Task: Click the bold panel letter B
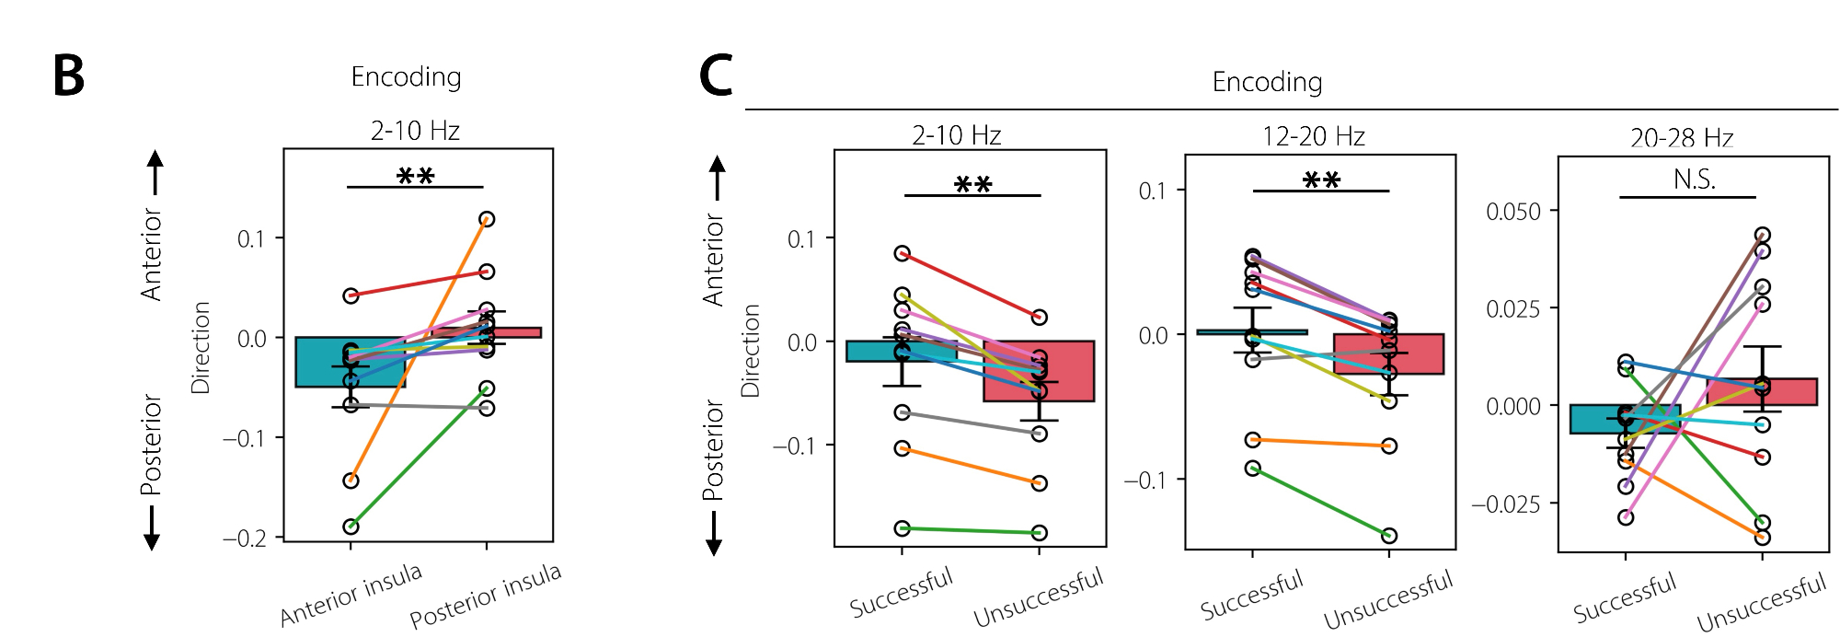(69, 76)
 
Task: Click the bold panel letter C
(716, 75)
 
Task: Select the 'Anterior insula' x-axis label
(351, 595)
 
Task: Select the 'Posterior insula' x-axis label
(485, 596)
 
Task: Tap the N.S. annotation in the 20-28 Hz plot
(1694, 180)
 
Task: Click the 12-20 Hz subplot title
(1313, 137)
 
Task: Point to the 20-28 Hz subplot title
(1682, 139)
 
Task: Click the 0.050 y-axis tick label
(1512, 212)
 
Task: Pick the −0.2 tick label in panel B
(244, 539)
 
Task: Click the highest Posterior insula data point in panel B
(487, 219)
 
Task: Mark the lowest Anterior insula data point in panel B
(351, 527)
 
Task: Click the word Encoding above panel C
(1267, 82)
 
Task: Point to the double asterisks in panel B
(415, 175)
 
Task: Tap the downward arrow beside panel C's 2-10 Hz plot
(714, 534)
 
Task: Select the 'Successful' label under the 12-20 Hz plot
(1251, 595)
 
